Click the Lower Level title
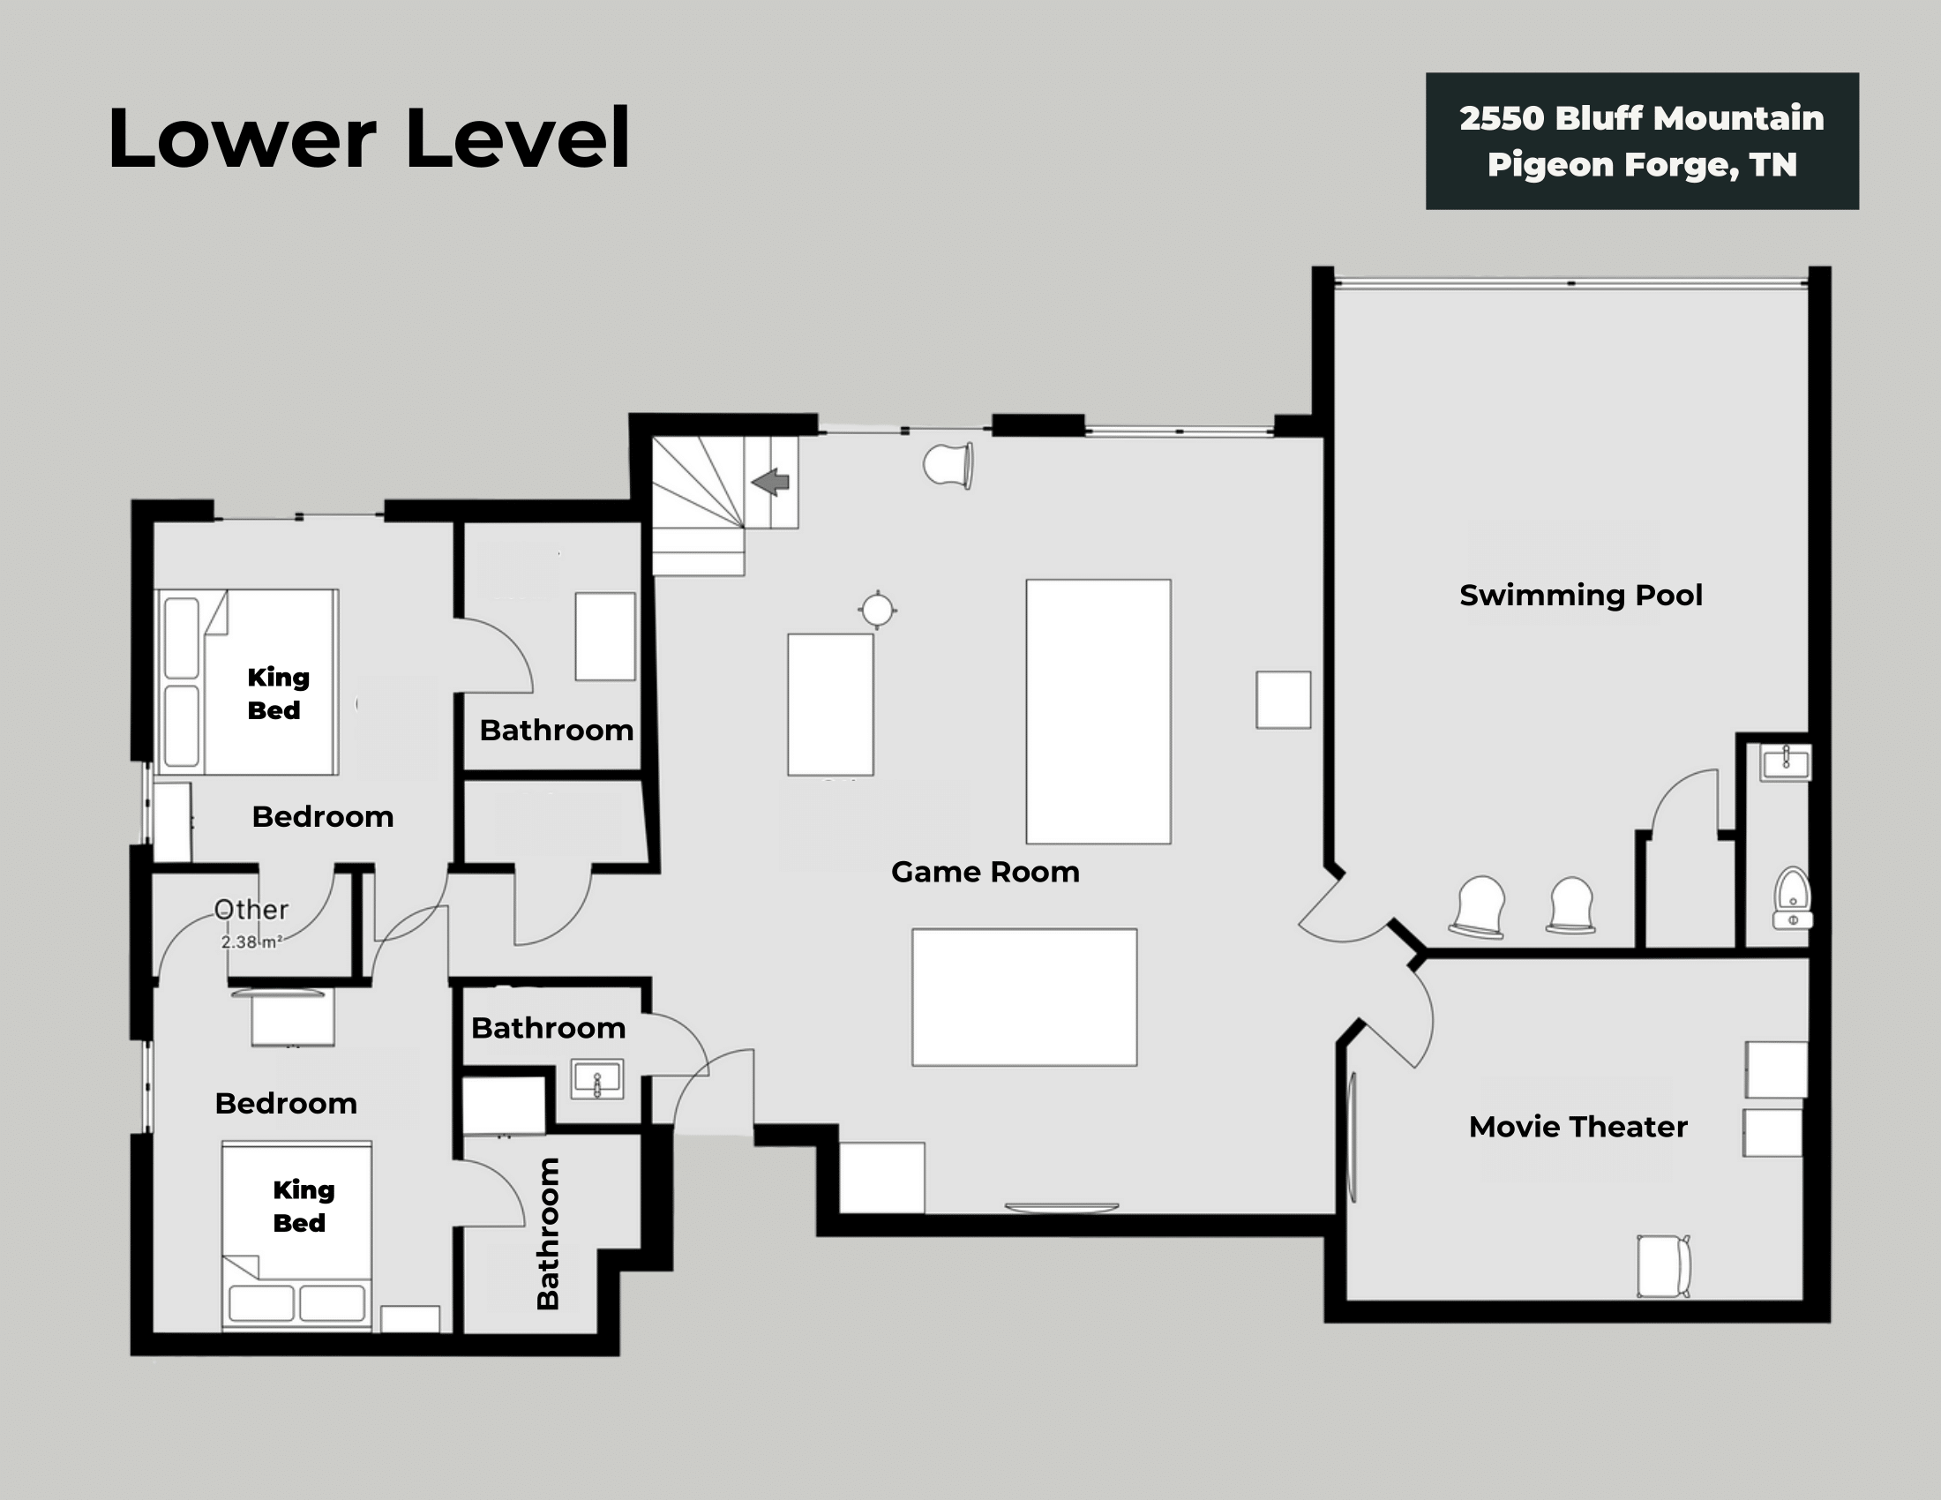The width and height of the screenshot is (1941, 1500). point(369,138)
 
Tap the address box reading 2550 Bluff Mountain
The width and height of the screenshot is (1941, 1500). point(1642,141)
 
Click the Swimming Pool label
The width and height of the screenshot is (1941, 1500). point(1580,596)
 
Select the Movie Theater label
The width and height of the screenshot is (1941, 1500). point(1578,1127)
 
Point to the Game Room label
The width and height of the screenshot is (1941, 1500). point(985,872)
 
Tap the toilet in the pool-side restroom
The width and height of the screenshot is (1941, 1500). point(1793,897)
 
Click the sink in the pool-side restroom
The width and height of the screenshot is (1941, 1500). point(1786,763)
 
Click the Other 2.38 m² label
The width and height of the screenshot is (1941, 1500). point(251,922)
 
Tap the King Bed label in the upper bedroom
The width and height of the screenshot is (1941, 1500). point(277,694)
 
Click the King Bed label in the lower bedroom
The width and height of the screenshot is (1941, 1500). point(302,1206)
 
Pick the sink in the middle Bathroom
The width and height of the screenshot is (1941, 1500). point(596,1080)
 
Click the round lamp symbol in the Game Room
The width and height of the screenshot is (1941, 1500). point(877,611)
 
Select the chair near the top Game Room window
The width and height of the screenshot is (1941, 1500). point(948,465)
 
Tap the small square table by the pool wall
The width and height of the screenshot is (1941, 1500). point(1283,701)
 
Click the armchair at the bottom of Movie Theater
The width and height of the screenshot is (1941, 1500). point(1663,1265)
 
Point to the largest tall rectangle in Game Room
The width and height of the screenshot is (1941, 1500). point(1098,711)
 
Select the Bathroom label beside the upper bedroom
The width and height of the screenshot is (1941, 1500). point(557,731)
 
